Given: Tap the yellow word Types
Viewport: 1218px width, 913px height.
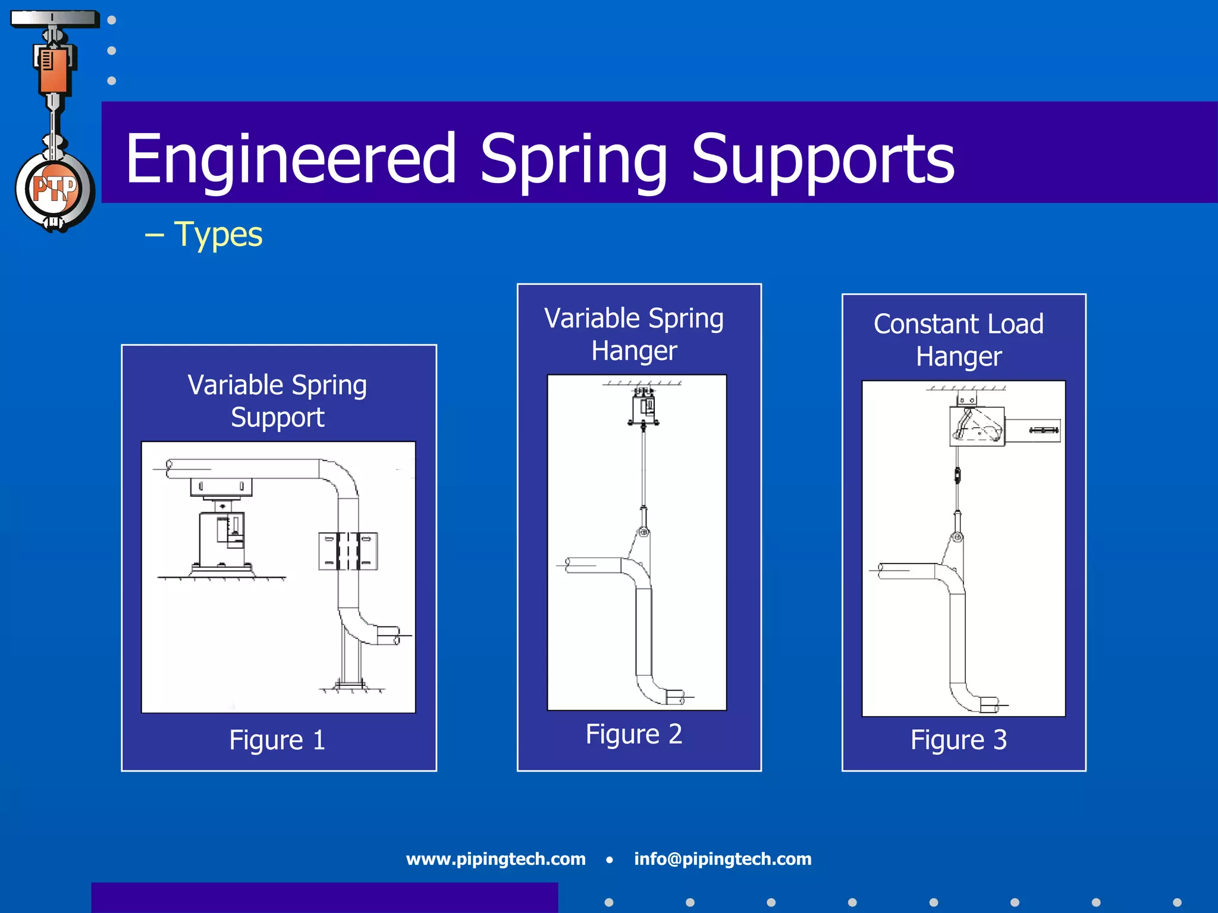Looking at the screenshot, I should (x=218, y=234).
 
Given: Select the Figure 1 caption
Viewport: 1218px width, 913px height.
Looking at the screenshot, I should (x=277, y=740).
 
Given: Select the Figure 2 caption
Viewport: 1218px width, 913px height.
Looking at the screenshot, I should (x=633, y=734).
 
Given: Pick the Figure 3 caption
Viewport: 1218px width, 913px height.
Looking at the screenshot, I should (x=958, y=740).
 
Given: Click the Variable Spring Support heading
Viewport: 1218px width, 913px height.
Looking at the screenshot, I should (x=277, y=401).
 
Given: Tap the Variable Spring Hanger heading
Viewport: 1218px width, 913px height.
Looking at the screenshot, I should (x=634, y=334).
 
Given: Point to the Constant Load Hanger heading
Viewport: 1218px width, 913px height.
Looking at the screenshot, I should (x=958, y=340).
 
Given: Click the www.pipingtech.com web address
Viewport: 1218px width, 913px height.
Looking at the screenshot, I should (x=495, y=859).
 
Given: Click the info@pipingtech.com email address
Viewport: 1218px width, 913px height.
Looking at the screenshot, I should (x=723, y=859).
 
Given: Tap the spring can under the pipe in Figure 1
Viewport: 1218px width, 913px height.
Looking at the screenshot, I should (x=222, y=538).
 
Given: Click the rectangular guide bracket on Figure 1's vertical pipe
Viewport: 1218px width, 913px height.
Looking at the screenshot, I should (x=348, y=551).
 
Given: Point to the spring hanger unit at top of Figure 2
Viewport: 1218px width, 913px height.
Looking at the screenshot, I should (x=643, y=407).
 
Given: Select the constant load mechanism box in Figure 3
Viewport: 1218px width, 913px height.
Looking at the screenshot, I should (x=977, y=426).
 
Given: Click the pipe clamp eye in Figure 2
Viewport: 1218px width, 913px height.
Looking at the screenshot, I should (x=643, y=532).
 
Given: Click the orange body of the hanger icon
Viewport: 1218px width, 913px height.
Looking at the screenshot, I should (x=54, y=71).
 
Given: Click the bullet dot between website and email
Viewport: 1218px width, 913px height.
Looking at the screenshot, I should (x=610, y=860).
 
